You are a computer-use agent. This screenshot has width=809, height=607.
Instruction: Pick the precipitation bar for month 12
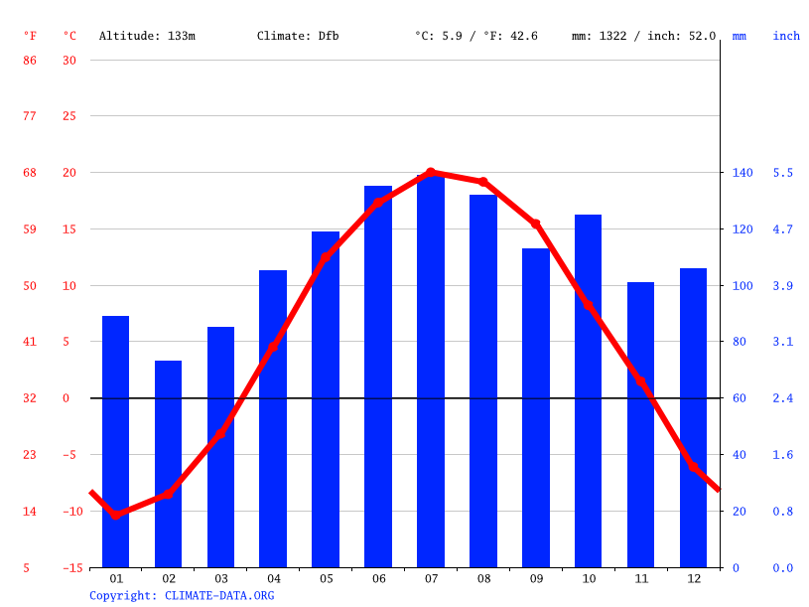click(693, 417)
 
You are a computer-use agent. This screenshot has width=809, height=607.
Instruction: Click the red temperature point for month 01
click(116, 515)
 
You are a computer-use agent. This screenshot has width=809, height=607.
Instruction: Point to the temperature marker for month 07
click(431, 173)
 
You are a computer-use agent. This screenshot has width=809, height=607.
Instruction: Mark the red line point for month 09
click(536, 225)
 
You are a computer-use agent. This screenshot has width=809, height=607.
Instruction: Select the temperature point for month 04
click(273, 348)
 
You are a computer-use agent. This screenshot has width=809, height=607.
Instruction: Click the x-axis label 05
click(326, 578)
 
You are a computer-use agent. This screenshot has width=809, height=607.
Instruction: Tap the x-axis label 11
click(640, 578)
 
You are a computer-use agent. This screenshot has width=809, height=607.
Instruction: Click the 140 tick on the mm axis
click(742, 173)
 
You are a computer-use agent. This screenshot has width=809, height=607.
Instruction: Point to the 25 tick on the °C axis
click(69, 116)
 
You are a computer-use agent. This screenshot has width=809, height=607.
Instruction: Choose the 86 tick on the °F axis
click(30, 61)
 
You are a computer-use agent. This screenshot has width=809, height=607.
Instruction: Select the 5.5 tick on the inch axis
click(783, 173)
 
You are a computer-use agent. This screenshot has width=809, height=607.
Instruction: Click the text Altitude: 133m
click(147, 36)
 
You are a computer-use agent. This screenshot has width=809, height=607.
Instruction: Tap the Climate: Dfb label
click(298, 36)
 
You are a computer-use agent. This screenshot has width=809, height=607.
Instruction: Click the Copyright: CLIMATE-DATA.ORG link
click(182, 596)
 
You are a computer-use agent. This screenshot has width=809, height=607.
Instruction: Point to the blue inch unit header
click(786, 36)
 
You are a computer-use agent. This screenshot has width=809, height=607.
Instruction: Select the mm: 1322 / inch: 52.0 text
click(643, 36)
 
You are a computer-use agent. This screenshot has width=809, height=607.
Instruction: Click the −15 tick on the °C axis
click(69, 568)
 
